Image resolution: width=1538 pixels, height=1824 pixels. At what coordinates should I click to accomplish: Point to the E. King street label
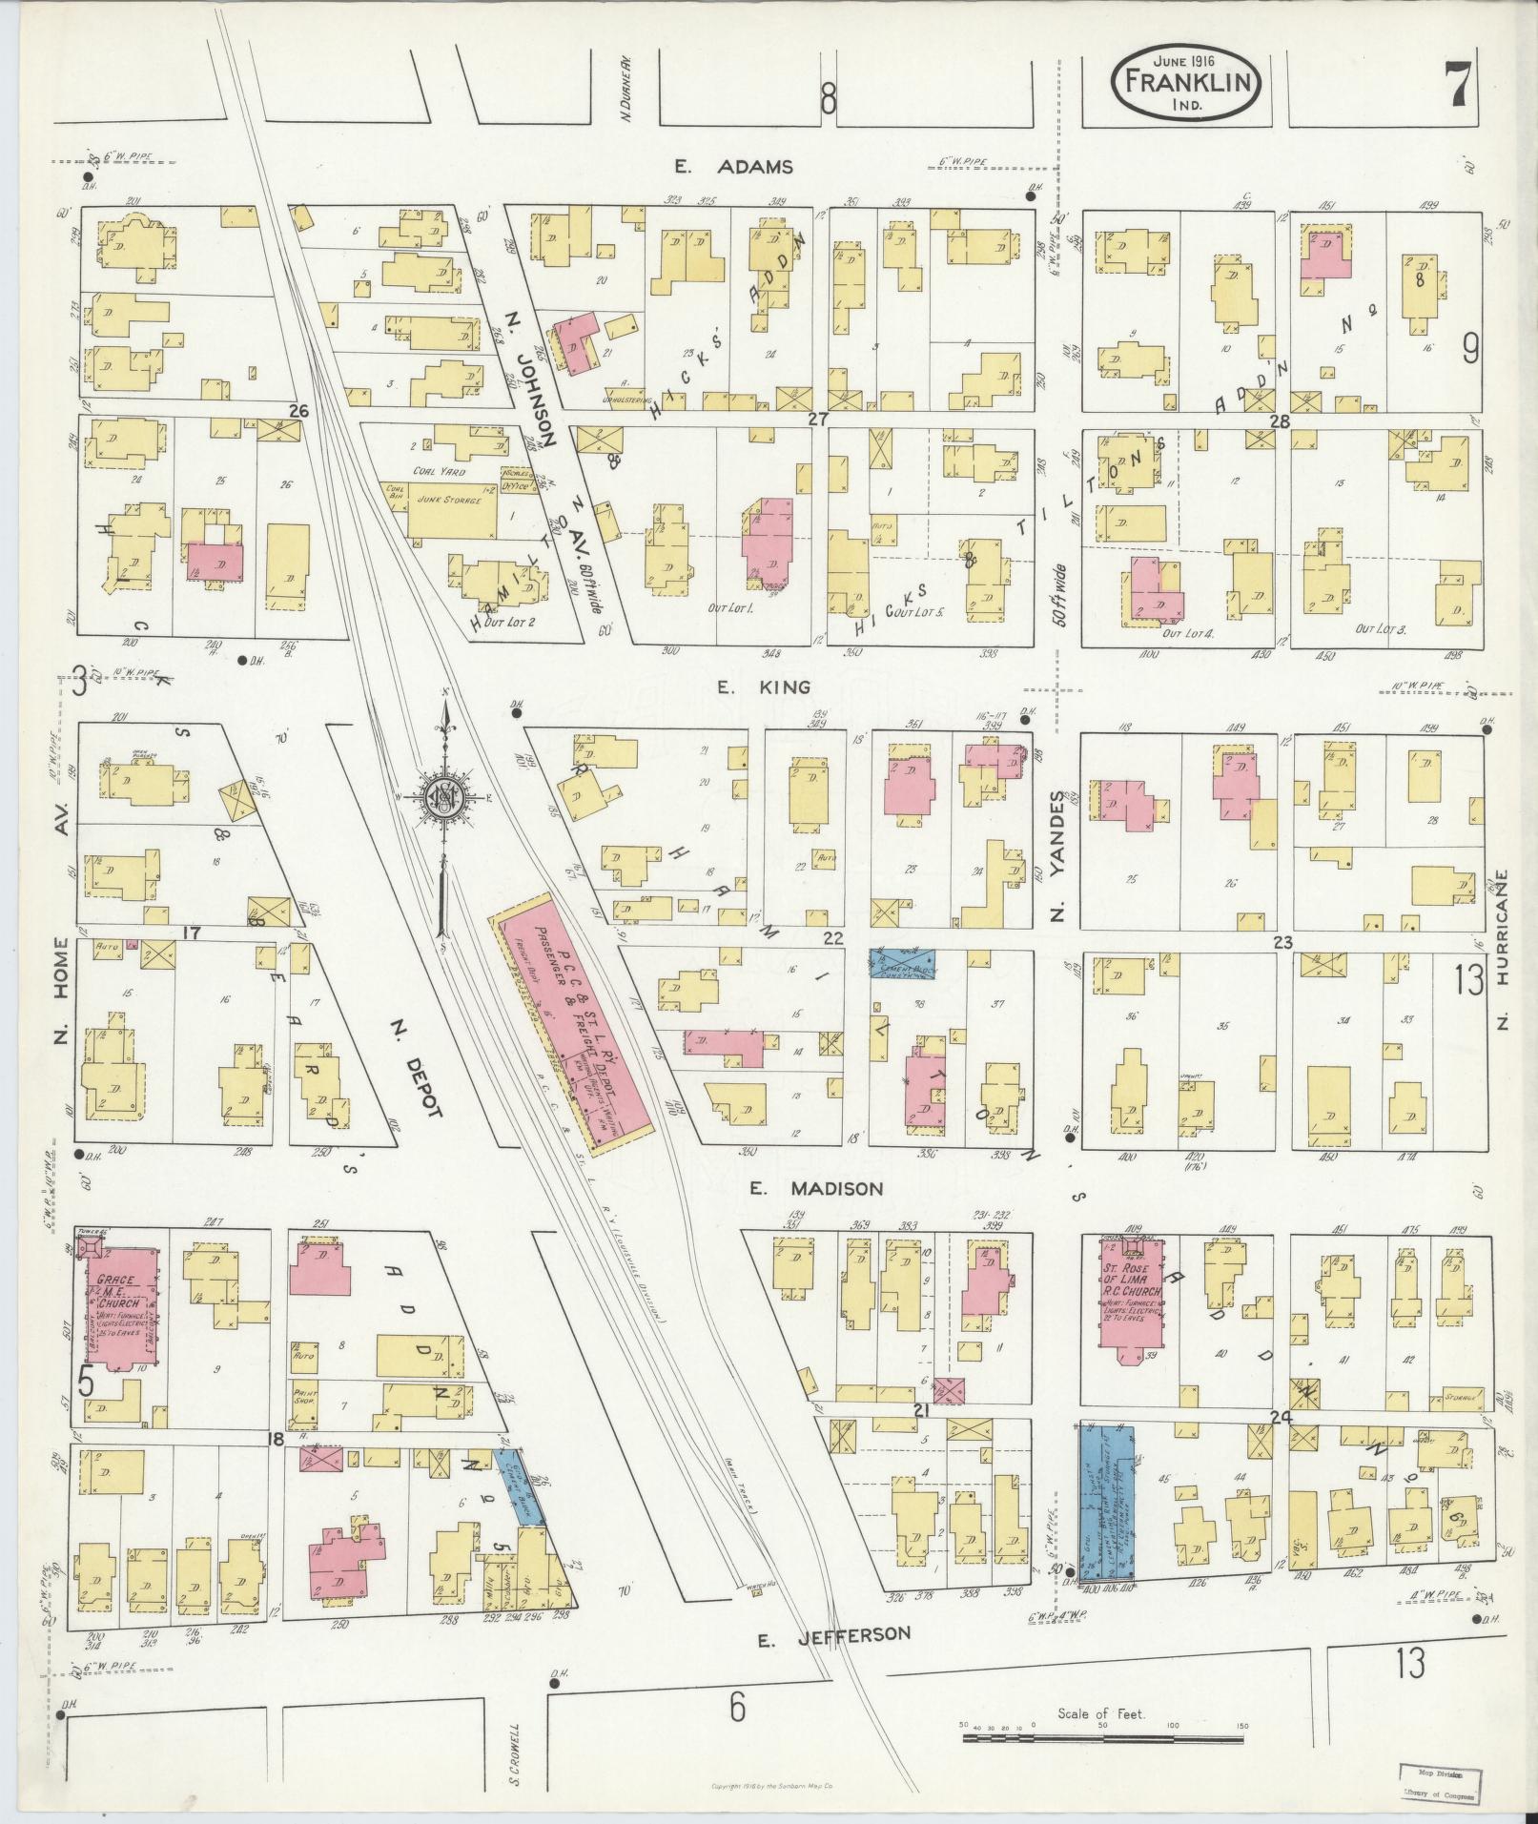[x=765, y=687]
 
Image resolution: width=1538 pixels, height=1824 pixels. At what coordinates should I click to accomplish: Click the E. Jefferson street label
[x=833, y=1634]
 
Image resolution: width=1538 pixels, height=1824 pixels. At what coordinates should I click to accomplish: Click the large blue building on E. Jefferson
[x=1107, y=1512]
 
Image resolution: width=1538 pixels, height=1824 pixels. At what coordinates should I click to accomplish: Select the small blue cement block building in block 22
[x=901, y=963]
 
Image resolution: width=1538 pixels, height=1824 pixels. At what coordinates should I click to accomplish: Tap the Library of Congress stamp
[x=1439, y=1781]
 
